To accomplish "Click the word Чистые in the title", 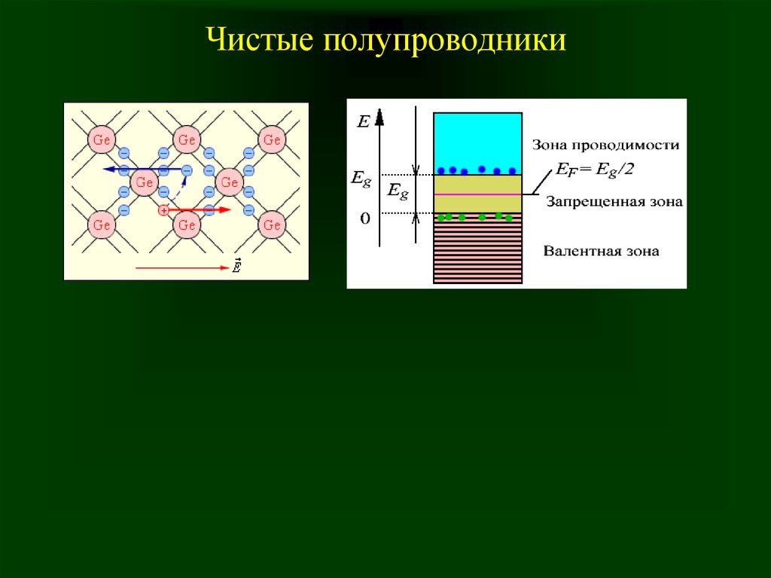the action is (x=260, y=39).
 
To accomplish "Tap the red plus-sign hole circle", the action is (x=163, y=211).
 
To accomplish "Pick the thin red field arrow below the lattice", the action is (x=182, y=268).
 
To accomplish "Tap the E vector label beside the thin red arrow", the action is (x=236, y=266).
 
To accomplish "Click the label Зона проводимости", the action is (x=605, y=145).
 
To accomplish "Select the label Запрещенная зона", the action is (x=614, y=202).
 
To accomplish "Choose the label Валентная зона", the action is (x=601, y=251).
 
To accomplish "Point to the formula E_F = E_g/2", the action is (x=595, y=170).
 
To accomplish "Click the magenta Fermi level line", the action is (x=477, y=194).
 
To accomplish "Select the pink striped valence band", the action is (x=477, y=249).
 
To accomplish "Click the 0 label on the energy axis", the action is (x=365, y=218).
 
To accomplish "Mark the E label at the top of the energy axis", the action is (x=364, y=121).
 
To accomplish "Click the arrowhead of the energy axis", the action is (x=379, y=117).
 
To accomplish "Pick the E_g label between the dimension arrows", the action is (x=398, y=191).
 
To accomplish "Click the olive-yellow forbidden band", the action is (x=477, y=194).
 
